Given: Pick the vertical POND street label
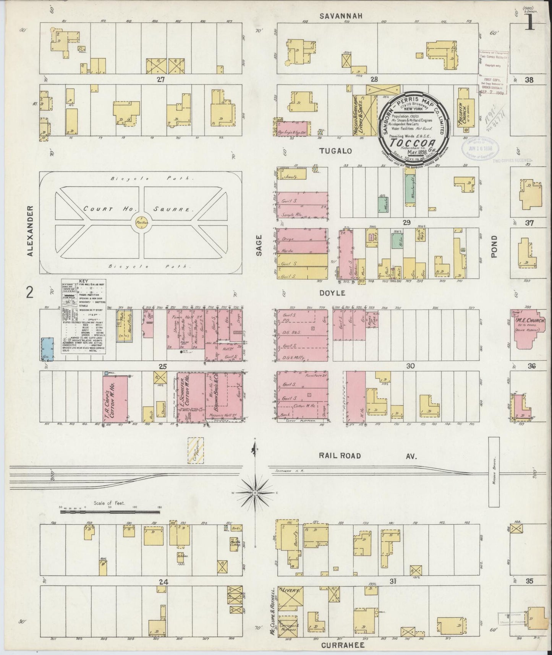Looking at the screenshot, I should [x=494, y=246].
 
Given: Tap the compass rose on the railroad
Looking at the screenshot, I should [x=255, y=493].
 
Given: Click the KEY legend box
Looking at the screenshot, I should [x=84, y=317].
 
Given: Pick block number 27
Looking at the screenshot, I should [x=160, y=79].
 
